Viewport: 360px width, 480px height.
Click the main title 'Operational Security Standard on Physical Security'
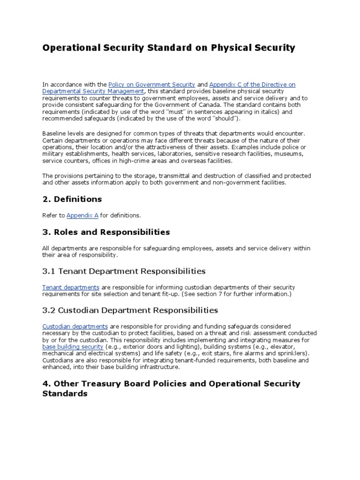(x=169, y=47)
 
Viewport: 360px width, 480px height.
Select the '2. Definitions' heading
(x=72, y=199)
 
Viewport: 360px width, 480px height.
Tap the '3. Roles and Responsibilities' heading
(x=106, y=232)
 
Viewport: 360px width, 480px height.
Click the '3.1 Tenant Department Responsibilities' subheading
(x=124, y=271)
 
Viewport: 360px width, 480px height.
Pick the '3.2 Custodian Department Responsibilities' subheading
(x=130, y=310)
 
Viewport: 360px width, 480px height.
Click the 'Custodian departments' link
(x=75, y=326)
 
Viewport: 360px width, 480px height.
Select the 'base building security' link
(x=73, y=346)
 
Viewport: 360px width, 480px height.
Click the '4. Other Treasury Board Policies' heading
(x=171, y=383)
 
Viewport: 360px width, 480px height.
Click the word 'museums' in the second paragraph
(x=289, y=154)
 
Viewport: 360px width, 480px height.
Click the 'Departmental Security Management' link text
(x=93, y=91)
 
